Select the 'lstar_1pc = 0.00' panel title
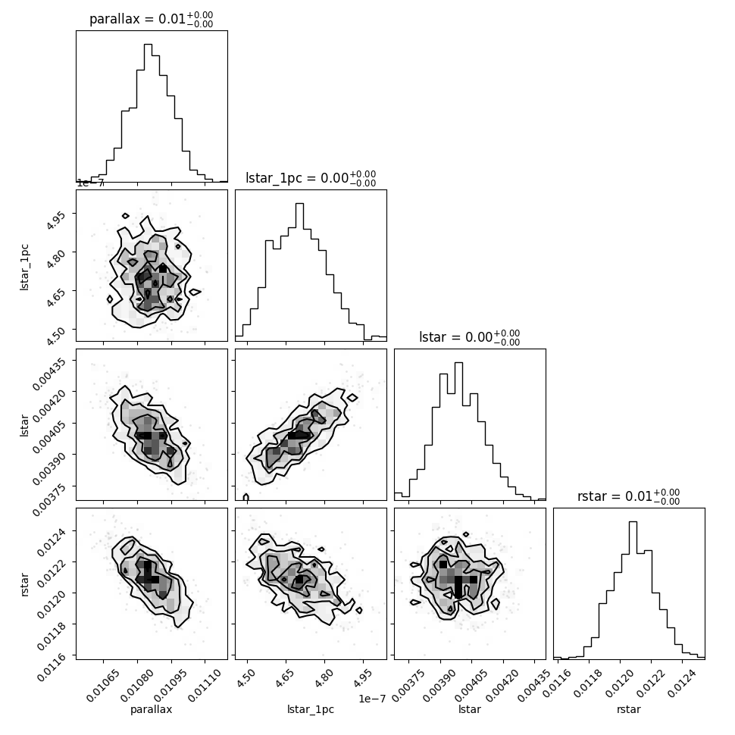click(311, 178)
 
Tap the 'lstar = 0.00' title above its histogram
click(470, 337)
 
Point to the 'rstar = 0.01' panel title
click(628, 496)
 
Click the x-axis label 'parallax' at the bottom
click(151, 709)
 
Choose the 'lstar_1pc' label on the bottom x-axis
click(310, 709)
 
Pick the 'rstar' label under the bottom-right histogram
click(628, 709)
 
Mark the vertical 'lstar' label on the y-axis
click(24, 424)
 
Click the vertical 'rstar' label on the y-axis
click(24, 583)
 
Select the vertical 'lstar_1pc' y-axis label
click(24, 265)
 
